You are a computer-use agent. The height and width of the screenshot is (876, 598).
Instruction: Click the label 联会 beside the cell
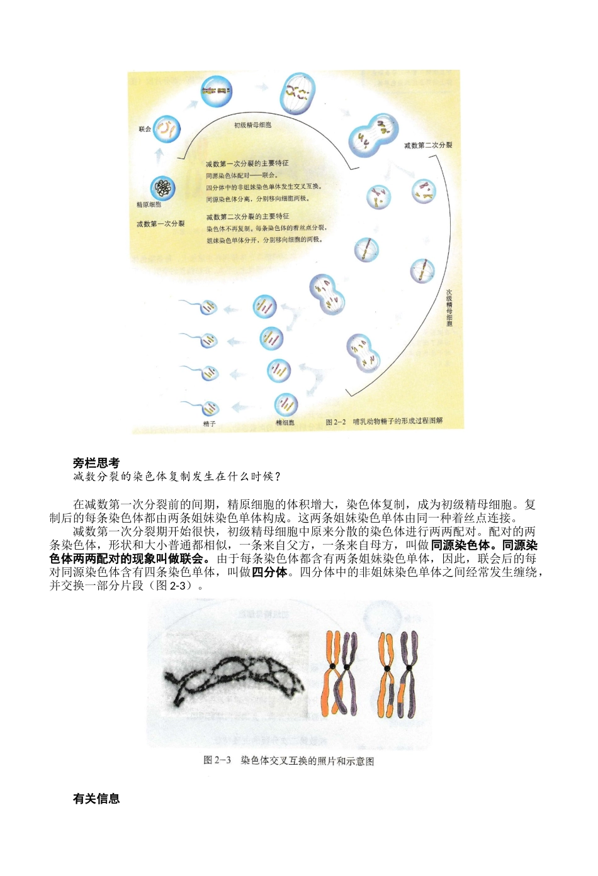pos(145,129)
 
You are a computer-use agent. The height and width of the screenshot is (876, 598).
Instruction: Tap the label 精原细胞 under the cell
pos(149,205)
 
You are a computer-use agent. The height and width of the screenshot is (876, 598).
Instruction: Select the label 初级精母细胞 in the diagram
pos(252,125)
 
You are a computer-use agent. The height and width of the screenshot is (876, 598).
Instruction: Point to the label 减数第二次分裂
pos(428,145)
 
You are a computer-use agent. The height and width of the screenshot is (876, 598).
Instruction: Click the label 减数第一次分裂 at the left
pos(161,224)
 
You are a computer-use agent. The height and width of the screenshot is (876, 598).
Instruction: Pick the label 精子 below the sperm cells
pos(209,424)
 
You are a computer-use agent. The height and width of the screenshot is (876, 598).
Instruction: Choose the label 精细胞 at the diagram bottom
pos(285,423)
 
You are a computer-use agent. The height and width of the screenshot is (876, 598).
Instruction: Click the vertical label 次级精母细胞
pos(449,308)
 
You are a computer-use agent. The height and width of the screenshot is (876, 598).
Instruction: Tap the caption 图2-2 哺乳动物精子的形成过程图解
pos(384,421)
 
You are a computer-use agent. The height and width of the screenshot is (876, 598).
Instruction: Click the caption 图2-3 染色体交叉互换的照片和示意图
pos(289,761)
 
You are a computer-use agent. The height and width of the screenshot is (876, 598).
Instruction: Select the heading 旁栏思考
pos(96,463)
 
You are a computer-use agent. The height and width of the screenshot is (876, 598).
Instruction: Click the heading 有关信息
pos(96,799)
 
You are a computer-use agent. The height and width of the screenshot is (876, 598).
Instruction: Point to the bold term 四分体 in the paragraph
pos(269,572)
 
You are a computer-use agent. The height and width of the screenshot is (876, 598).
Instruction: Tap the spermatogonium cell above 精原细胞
pos(163,187)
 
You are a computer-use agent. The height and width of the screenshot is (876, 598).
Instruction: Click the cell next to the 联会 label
pos(167,130)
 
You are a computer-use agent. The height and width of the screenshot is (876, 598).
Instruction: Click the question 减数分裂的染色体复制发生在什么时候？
pos(177,477)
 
